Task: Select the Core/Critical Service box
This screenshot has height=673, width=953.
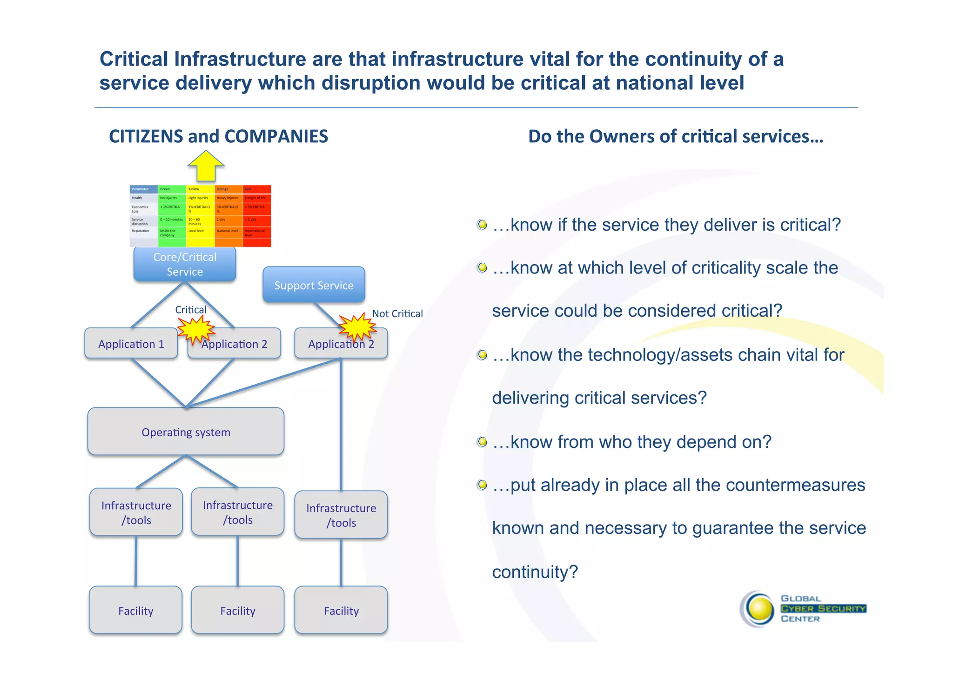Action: click(185, 264)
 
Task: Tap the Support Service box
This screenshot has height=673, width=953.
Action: click(314, 285)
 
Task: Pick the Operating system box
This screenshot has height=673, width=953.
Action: click(186, 432)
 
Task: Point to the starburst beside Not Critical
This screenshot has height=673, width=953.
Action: click(357, 327)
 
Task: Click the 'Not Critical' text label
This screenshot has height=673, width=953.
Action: click(397, 314)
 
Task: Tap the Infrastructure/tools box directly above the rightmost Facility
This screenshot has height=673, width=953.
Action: click(341, 515)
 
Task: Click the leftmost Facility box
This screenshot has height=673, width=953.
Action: click(135, 611)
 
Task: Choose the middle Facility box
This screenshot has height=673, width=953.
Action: click(238, 611)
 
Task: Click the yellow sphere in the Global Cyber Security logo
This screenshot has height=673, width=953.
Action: click(759, 609)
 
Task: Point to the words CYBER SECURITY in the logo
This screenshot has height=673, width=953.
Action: click(823, 609)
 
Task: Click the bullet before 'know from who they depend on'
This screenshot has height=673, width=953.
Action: click(482, 442)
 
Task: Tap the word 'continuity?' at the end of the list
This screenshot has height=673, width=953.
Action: click(535, 572)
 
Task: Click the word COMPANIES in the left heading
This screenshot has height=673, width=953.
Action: click(276, 136)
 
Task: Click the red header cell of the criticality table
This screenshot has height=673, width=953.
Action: click(256, 189)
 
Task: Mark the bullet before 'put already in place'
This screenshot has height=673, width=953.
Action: click(482, 485)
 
